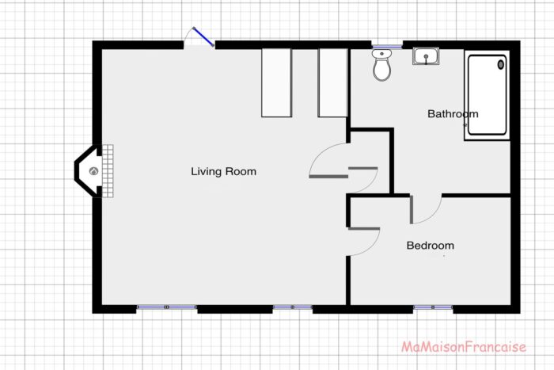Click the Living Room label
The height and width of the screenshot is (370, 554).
[x=223, y=171]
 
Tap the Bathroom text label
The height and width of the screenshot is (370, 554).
[x=453, y=114]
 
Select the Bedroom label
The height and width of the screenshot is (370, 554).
[x=430, y=246]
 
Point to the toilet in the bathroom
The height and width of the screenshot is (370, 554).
[x=382, y=67]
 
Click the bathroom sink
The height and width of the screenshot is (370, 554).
[x=425, y=56]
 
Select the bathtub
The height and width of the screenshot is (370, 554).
[x=487, y=96]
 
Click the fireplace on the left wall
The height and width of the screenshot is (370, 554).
[x=89, y=170]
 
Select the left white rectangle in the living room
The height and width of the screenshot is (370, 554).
[x=277, y=82]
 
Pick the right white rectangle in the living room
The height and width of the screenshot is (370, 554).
[x=332, y=82]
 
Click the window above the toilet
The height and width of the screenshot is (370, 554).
[x=387, y=45]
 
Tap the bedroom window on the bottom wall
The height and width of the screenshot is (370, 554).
[x=433, y=307]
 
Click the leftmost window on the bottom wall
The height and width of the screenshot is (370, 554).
[x=166, y=307]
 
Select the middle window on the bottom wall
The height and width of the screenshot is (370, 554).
[x=293, y=307]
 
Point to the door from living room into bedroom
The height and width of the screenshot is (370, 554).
[x=364, y=242]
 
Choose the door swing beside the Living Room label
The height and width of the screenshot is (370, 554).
[x=326, y=161]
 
